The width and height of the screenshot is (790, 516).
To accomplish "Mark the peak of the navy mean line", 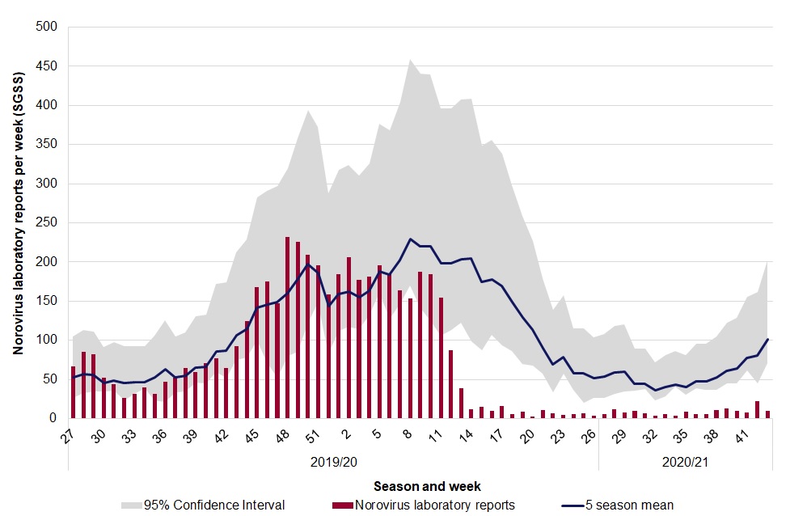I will pos(411,239).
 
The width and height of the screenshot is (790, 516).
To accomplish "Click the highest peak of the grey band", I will pos(411,60).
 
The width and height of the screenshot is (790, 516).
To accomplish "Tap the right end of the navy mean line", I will pos(767,339).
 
